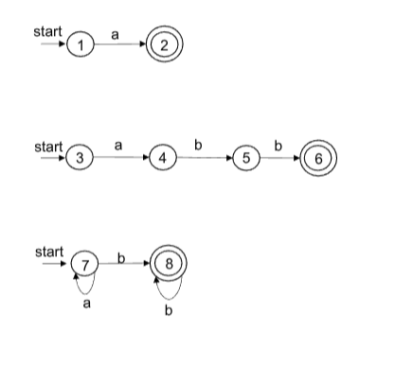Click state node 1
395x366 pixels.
coord(83,44)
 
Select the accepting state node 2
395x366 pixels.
coord(165,44)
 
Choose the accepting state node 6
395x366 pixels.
coord(319,158)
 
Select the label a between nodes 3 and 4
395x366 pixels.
coord(118,145)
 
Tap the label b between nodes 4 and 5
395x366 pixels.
coord(200,145)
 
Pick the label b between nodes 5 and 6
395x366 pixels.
coord(278,145)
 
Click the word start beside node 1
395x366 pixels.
coord(47,32)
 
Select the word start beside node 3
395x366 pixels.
coord(47,147)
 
